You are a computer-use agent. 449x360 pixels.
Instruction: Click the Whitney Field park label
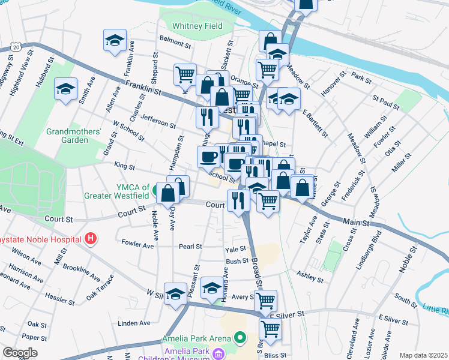[197, 26]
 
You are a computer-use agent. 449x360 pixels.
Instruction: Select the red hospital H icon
[90, 239]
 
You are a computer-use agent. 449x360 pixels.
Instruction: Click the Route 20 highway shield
[16, 46]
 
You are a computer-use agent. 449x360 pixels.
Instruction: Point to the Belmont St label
[175, 44]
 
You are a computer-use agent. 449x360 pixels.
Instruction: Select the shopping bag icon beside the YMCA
[169, 193]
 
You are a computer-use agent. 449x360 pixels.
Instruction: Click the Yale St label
[235, 249]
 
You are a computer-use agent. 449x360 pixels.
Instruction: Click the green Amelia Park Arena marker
[241, 338]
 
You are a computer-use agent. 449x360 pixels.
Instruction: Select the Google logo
[20, 353]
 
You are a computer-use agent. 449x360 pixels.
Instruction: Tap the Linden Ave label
[134, 323]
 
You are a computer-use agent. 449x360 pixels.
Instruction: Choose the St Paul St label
[386, 103]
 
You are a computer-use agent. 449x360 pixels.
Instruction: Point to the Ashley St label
[310, 278]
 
